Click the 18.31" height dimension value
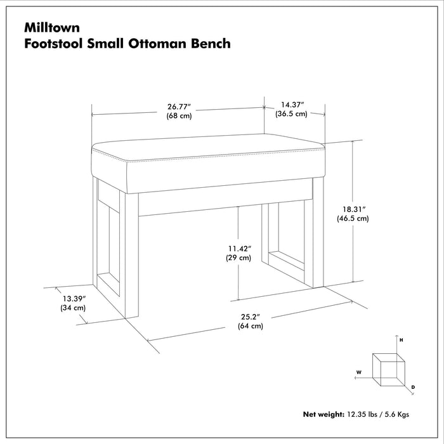click(353, 207)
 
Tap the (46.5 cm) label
click(353, 218)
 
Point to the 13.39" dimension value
click(74, 297)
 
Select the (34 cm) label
click(74, 308)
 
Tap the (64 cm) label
click(251, 326)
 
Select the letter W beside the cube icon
click(358, 372)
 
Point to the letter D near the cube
click(413, 386)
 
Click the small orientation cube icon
click(388, 367)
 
